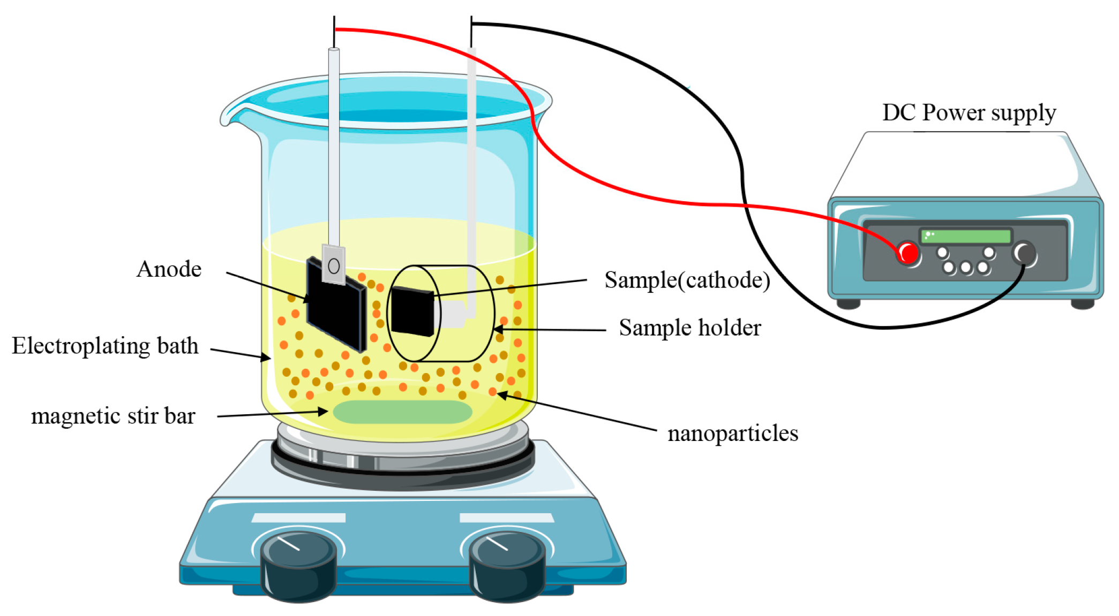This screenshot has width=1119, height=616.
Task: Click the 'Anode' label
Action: (x=169, y=269)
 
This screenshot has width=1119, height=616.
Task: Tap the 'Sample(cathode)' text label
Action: (x=687, y=280)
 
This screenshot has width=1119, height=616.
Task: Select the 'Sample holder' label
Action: (x=689, y=328)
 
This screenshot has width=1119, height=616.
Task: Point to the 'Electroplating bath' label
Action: (x=105, y=346)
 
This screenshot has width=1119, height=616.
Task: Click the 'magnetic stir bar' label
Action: (x=113, y=416)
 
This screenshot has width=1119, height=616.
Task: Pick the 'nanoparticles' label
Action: (x=732, y=433)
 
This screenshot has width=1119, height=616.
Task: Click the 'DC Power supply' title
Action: (x=968, y=112)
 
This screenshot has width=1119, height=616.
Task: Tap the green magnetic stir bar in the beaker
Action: (x=402, y=412)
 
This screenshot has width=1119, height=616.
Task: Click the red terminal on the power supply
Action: (x=908, y=253)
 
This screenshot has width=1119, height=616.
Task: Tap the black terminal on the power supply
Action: (x=1024, y=253)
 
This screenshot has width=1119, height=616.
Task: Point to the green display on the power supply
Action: (x=965, y=236)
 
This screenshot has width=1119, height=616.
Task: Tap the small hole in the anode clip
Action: (x=334, y=266)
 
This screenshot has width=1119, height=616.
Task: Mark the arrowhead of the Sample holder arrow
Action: (x=497, y=329)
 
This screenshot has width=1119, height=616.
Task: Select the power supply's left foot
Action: (x=848, y=304)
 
